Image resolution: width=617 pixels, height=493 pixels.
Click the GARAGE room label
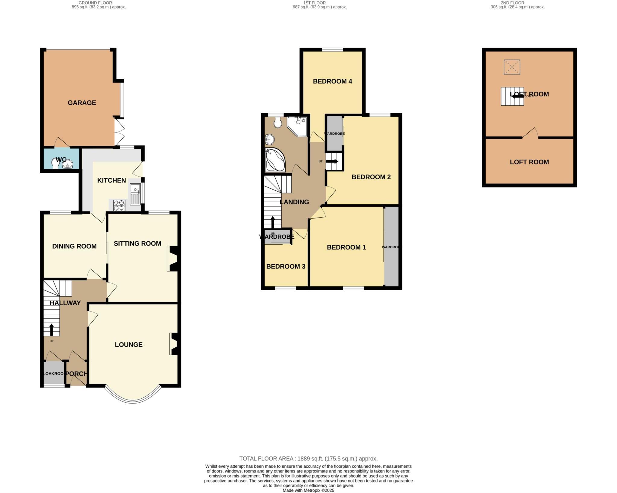82,103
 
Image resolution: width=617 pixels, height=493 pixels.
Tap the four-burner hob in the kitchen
119,205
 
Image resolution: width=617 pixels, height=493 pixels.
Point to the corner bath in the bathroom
275,160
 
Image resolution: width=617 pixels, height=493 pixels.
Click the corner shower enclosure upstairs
297,126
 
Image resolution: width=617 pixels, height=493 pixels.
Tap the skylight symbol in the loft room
512,67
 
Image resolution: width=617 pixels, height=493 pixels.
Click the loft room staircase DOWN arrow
516,96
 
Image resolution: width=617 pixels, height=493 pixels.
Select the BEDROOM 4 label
332,81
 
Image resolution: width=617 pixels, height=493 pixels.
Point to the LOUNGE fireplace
174,344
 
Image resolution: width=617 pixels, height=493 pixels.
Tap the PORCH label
77,374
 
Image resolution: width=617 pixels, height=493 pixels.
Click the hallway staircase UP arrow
52,330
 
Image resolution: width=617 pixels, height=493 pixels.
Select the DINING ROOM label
74,246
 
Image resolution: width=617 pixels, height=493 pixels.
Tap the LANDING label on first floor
294,202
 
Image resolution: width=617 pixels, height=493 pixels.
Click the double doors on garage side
119,133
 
